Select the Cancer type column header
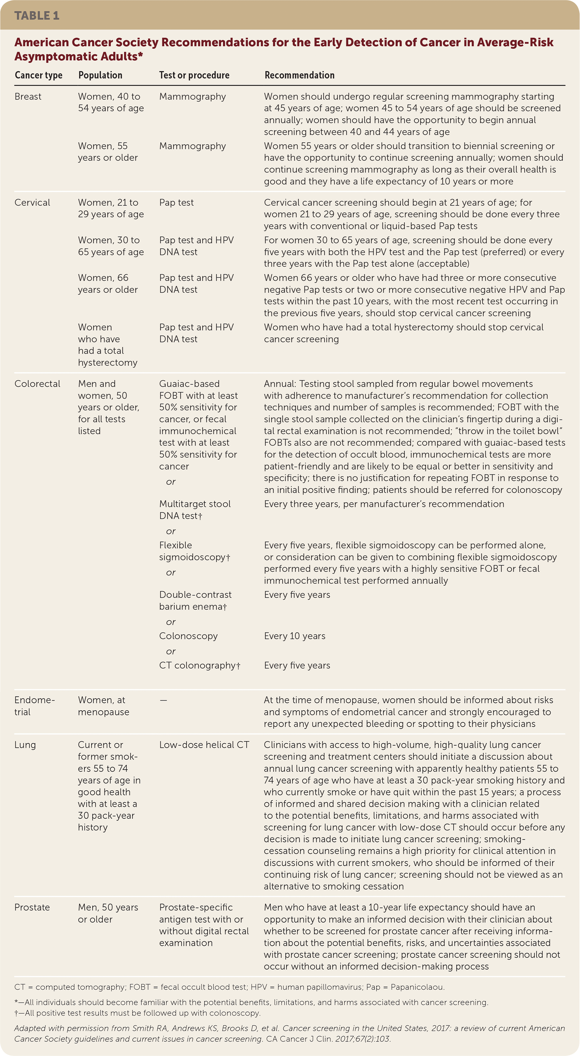coord(38,75)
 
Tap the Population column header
coord(100,75)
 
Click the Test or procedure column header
coord(194,75)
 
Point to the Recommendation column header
coord(299,75)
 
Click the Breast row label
coord(28,96)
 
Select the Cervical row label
coord(32,202)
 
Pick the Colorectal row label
coord(37,384)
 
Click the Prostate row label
coord(32,907)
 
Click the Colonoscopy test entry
coord(188,636)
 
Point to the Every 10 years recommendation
coord(294,636)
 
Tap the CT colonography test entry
coord(199,665)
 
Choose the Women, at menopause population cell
coord(103,706)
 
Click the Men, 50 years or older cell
coord(108,913)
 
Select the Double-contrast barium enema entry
coord(195,601)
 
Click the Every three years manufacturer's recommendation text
coord(384,504)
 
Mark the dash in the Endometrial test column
coord(163,700)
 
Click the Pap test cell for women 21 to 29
coord(176,202)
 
